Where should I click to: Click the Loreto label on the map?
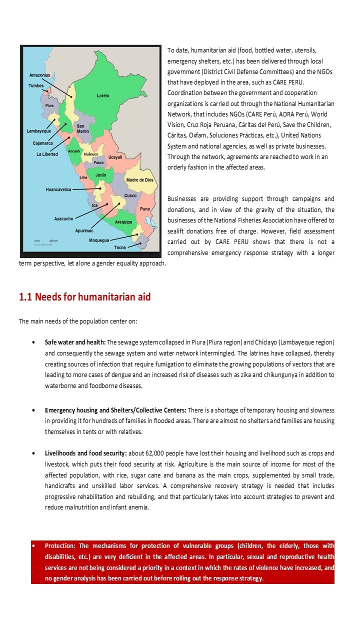pyautogui.click(x=103, y=95)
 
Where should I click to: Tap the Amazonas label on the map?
pyautogui.click(x=39, y=75)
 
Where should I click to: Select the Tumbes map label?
pyautogui.click(x=36, y=86)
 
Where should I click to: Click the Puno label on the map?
pyautogui.click(x=145, y=208)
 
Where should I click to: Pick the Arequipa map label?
pyautogui.click(x=123, y=221)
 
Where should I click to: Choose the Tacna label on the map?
pyautogui.click(x=120, y=247)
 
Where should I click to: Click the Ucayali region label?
pyautogui.click(x=115, y=157)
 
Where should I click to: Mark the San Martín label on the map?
pyautogui.click(x=83, y=128)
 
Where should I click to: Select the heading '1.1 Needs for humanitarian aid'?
pyautogui.click(x=84, y=297)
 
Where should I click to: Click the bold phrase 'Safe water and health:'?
pyautogui.click(x=75, y=342)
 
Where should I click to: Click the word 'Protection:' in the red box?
pyautogui.click(x=60, y=545)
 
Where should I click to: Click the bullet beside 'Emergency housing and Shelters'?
pyautogui.click(x=33, y=410)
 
